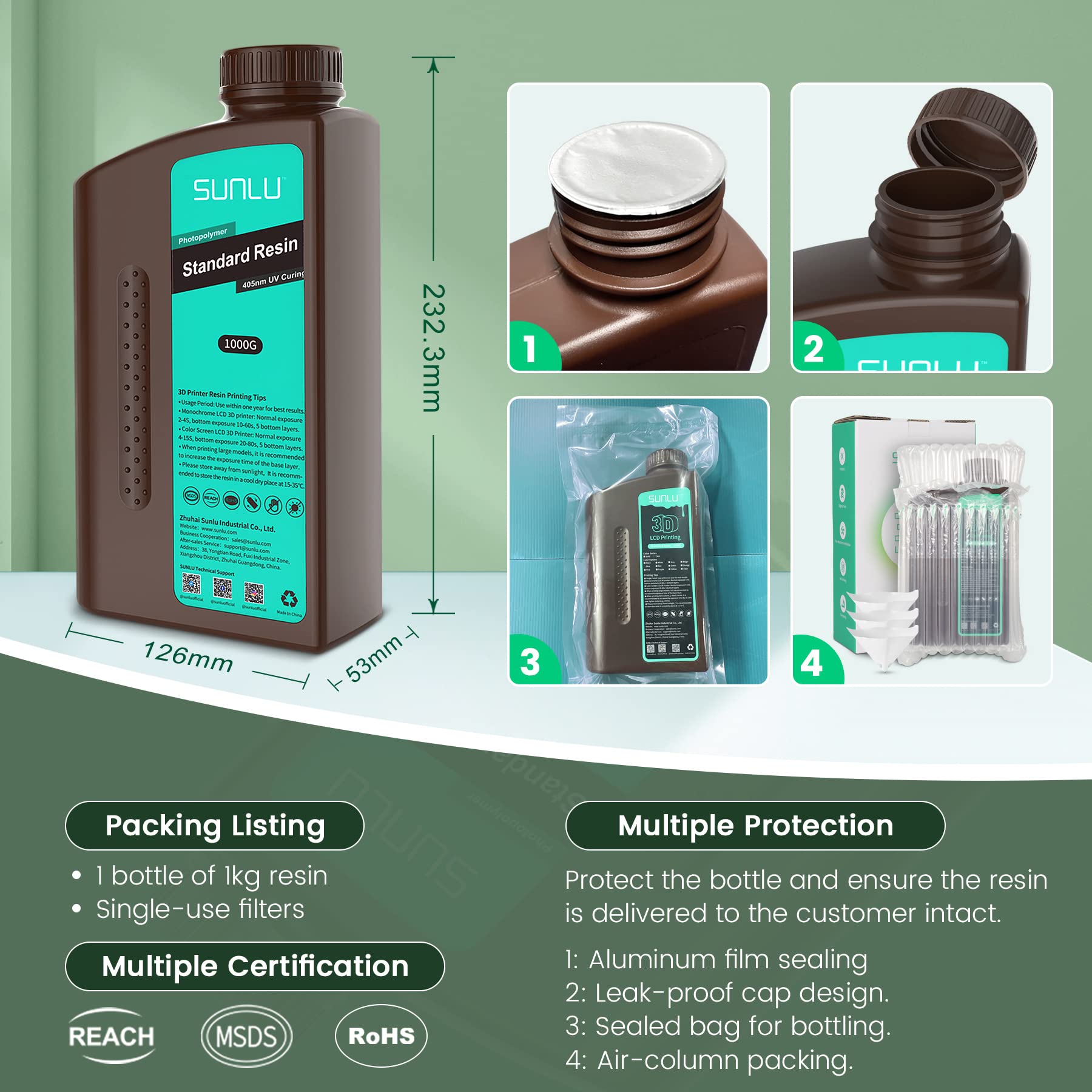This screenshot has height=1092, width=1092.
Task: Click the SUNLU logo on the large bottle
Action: coord(237,189)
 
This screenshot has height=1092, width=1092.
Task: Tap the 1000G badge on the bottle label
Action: coord(240,345)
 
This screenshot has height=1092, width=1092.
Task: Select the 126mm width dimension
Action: coord(188,658)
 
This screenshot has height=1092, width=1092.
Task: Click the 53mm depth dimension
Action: coord(374,659)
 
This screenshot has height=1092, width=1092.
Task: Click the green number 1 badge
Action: coord(530,349)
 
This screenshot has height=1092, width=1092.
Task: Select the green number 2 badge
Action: coord(814,350)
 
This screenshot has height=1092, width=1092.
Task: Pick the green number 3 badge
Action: coord(530,662)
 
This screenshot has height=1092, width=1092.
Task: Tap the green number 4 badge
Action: coord(812,662)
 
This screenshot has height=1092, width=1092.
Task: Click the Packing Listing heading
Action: coord(215,826)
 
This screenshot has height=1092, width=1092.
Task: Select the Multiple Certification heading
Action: coord(255,966)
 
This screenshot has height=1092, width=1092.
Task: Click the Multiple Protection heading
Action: coord(755,826)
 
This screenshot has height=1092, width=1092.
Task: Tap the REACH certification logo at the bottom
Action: coord(112,1036)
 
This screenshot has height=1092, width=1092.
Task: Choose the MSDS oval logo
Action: coord(246,1036)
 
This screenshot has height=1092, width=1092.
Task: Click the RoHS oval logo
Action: coord(381,1036)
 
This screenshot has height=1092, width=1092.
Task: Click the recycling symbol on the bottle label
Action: coord(289,599)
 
